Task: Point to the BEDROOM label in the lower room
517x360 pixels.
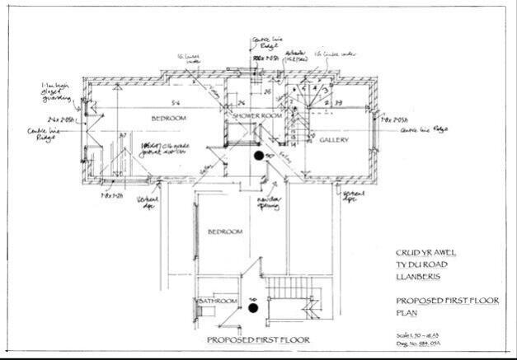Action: tap(224, 232)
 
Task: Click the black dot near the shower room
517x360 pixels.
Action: tap(258, 154)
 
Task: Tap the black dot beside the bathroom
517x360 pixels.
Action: tap(254, 307)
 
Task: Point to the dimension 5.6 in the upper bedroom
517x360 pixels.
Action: tap(176, 102)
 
